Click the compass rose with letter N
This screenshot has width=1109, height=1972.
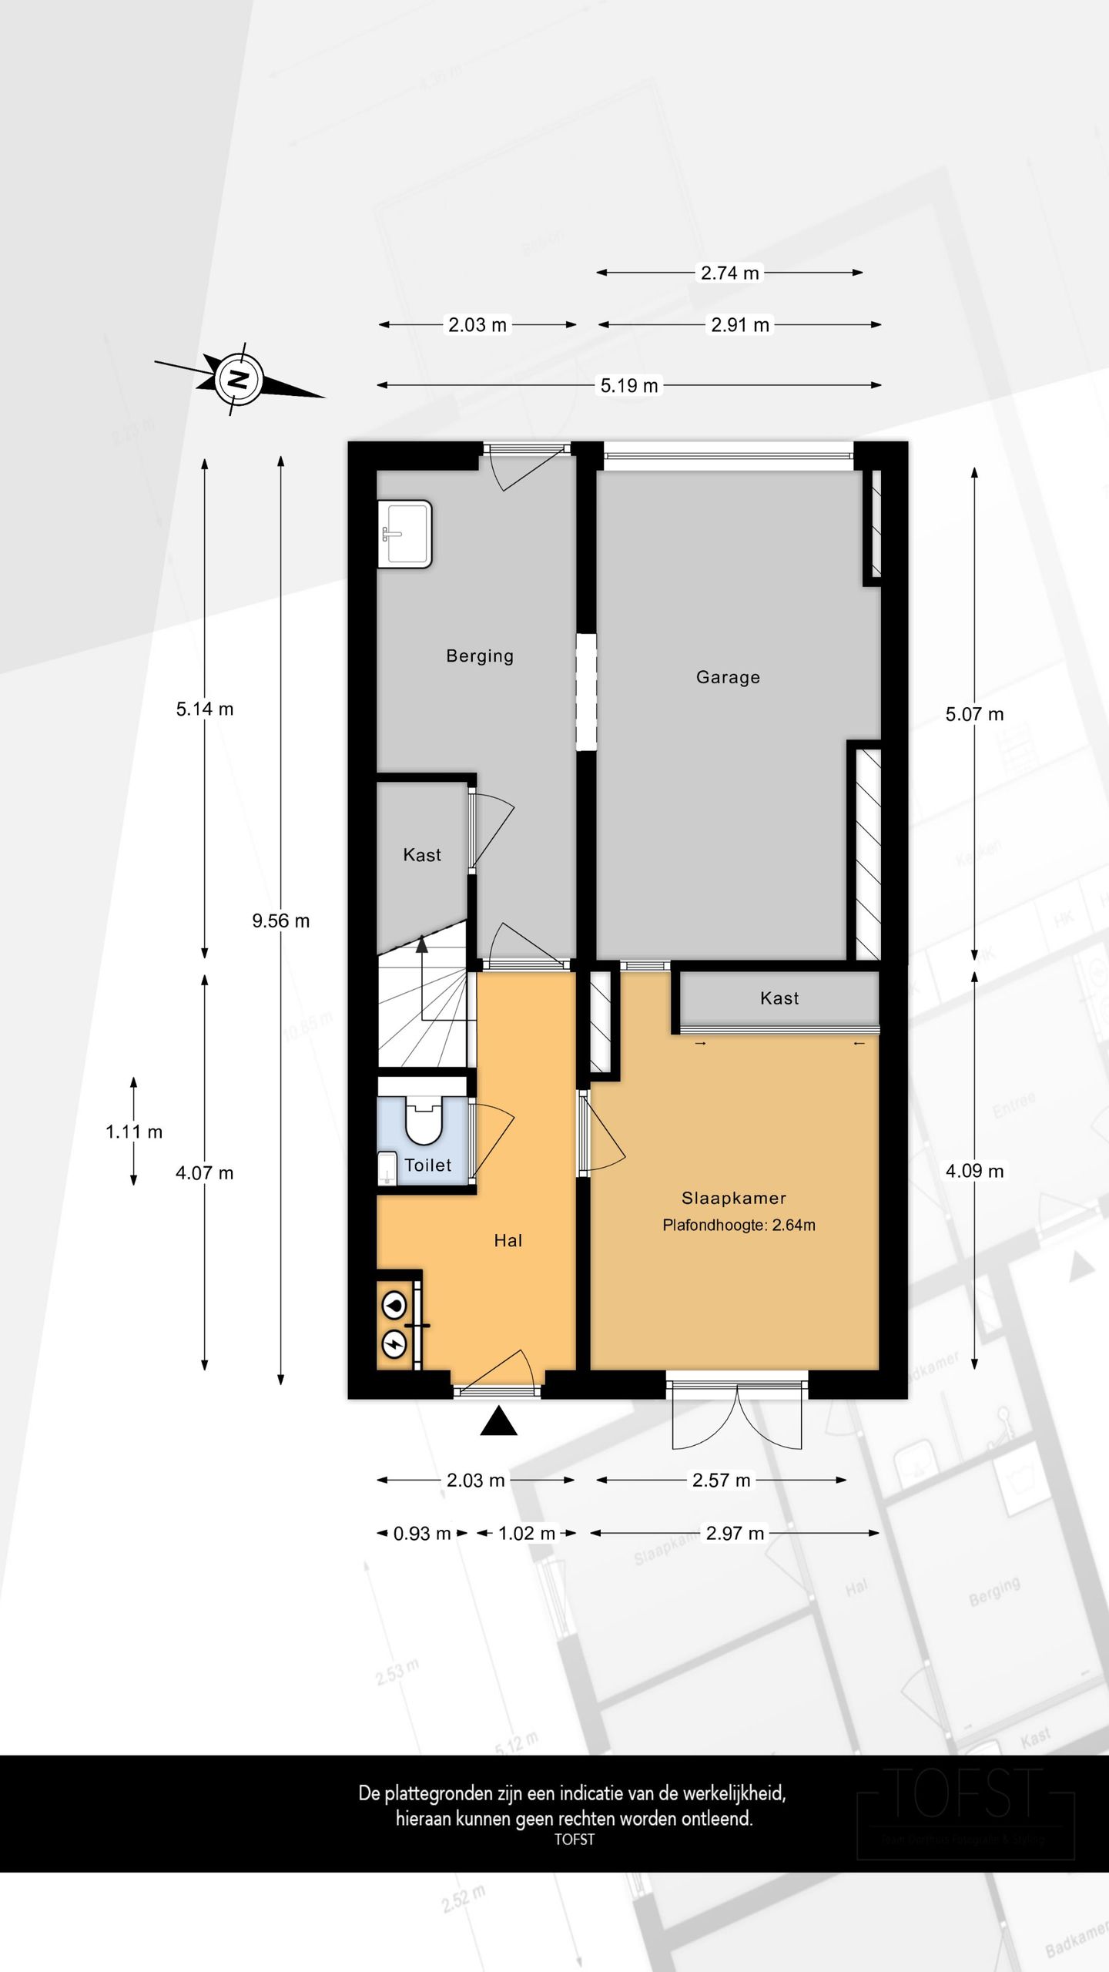click(x=239, y=379)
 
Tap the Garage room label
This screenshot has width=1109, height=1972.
click(x=728, y=677)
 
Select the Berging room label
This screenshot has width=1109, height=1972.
click(x=479, y=656)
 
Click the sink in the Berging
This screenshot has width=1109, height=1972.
click(x=404, y=534)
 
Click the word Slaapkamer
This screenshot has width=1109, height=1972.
click(x=733, y=1198)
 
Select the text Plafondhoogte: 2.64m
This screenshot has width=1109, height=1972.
click(x=738, y=1225)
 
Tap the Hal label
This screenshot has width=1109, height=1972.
click(x=508, y=1240)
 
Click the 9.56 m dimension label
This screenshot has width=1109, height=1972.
click(x=280, y=921)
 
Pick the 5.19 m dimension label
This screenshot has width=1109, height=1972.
click(x=628, y=385)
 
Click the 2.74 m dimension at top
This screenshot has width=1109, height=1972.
click(x=729, y=273)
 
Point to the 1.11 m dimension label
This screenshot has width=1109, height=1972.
click(x=134, y=1132)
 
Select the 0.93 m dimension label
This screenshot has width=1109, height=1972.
click(x=421, y=1533)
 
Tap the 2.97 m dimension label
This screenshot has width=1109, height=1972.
click(x=735, y=1533)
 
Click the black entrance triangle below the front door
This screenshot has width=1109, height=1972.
click(x=498, y=1422)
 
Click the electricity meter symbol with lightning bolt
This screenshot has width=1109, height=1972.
click(x=394, y=1344)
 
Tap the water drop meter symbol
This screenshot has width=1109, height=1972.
click(x=394, y=1305)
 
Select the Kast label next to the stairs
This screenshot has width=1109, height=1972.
click(x=422, y=854)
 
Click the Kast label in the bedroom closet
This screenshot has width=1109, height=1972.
click(x=779, y=998)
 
